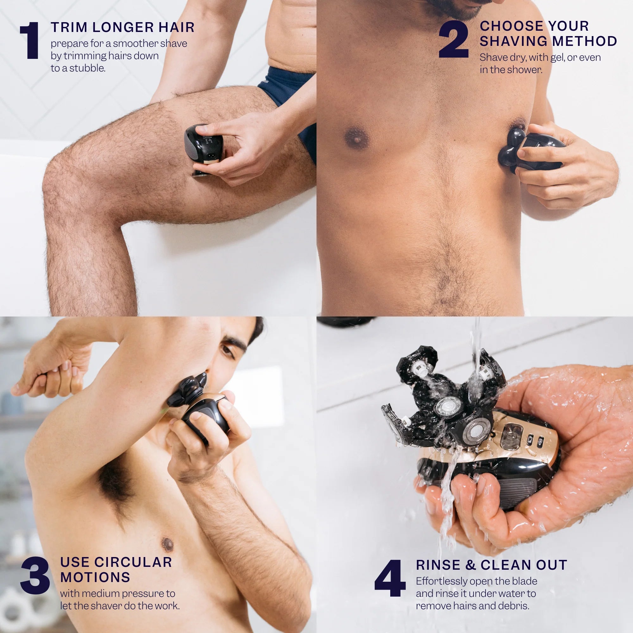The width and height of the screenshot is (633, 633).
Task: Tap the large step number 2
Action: pos(454,39)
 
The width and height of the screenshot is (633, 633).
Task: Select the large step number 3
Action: pos(35,575)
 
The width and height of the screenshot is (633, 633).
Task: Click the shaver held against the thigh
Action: pos(204,147)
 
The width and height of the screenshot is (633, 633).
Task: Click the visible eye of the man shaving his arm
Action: pos(227,349)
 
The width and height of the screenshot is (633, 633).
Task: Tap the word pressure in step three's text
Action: pos(138,593)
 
